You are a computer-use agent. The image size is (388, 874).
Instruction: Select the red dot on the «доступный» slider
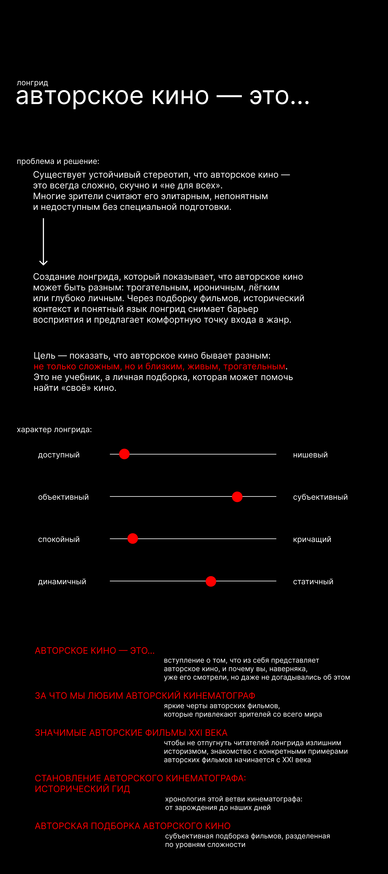124,454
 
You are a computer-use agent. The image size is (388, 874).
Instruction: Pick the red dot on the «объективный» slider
237,497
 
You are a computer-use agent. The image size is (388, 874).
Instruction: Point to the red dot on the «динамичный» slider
211,581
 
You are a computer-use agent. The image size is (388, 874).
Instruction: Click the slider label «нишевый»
310,455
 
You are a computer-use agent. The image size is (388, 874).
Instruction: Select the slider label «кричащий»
312,539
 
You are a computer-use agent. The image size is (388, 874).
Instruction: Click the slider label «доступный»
59,455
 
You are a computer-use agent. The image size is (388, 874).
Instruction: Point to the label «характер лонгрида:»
54,430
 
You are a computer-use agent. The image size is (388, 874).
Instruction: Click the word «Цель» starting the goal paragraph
44,356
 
